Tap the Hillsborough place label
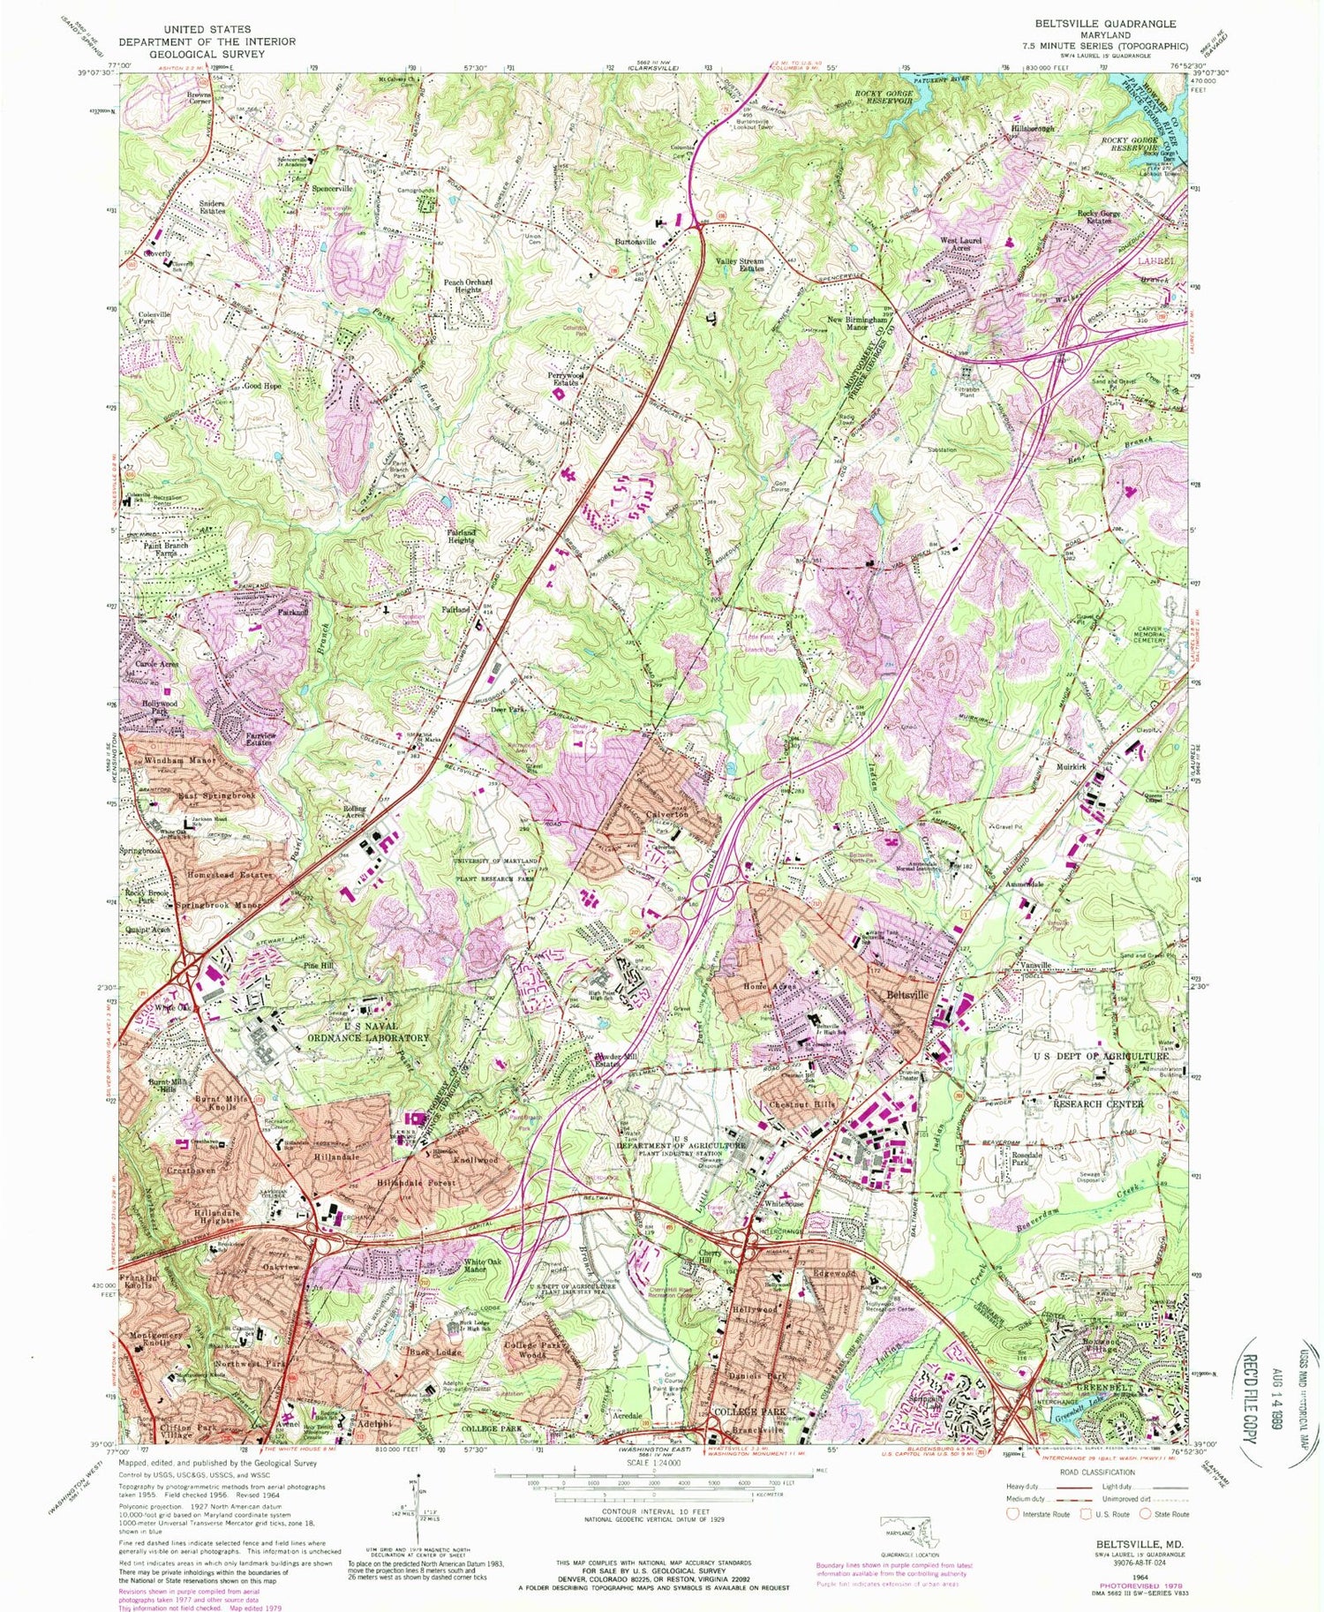[x=1032, y=129]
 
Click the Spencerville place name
[x=331, y=189]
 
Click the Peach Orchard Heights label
[x=468, y=286]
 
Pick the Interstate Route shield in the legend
[x=1012, y=1513]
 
